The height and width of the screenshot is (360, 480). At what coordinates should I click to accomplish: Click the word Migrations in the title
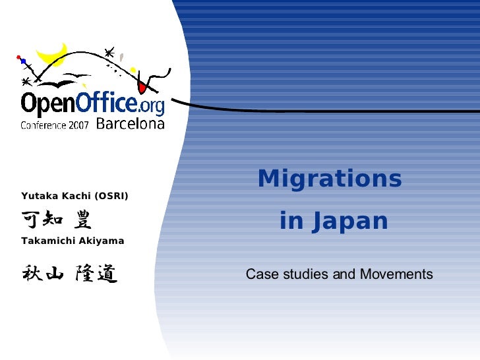click(x=330, y=179)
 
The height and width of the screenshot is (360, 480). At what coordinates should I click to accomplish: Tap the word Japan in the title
click(x=351, y=222)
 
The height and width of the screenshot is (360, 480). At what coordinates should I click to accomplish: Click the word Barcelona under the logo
click(x=130, y=123)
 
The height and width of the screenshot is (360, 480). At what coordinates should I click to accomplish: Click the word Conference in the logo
click(x=42, y=125)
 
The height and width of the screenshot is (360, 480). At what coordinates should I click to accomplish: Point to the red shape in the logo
click(x=142, y=86)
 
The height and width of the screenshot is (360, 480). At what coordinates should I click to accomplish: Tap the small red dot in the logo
click(x=18, y=56)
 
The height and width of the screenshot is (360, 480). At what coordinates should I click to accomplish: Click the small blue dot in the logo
click(x=23, y=61)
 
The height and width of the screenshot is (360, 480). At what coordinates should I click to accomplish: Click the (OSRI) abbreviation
click(x=111, y=196)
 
